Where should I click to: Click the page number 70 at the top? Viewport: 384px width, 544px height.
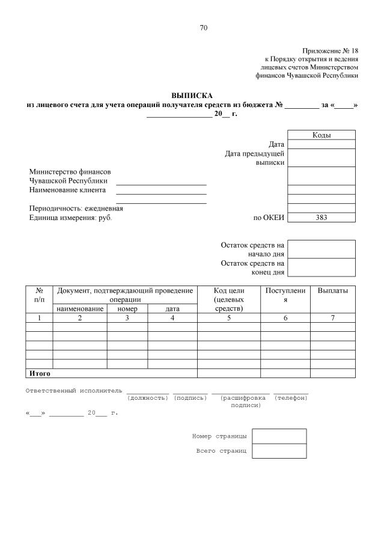(x=203, y=28)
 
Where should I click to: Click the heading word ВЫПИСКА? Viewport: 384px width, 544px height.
(x=192, y=95)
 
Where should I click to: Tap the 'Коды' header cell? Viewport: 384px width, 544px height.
(x=322, y=135)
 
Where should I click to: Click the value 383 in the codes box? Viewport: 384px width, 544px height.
(x=322, y=218)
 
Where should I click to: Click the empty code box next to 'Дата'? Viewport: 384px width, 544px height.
(x=322, y=144)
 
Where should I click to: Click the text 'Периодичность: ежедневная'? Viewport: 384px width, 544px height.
(x=76, y=209)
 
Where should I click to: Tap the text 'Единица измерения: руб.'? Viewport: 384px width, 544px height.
(x=70, y=218)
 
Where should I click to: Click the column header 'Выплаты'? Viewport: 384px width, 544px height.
(x=332, y=291)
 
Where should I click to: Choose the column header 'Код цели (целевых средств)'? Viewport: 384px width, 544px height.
(x=228, y=299)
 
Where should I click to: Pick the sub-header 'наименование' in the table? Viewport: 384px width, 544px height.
(x=80, y=309)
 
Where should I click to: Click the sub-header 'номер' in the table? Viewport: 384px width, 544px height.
(x=127, y=309)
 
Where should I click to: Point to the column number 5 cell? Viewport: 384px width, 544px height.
(x=228, y=318)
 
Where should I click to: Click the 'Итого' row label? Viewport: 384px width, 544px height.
(x=40, y=373)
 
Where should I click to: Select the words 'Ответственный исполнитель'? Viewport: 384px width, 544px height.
(x=73, y=391)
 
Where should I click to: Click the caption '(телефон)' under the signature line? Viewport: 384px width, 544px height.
(x=291, y=398)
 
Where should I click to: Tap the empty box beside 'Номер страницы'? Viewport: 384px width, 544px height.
(x=279, y=436)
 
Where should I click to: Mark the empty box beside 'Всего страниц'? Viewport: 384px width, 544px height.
(x=279, y=451)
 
